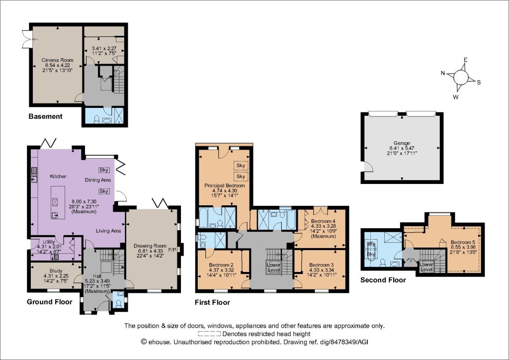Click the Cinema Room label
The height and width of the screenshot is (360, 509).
point(58,60)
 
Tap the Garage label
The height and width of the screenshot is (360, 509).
point(402,143)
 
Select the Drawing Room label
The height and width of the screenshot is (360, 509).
point(150,246)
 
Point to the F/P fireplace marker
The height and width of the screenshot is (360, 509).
point(172,250)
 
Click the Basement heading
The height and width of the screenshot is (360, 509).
point(45,116)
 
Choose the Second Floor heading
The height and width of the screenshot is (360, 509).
point(383,280)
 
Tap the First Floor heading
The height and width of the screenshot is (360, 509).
point(212,302)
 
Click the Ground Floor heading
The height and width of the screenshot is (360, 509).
point(49,302)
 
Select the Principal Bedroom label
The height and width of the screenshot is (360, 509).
point(225,185)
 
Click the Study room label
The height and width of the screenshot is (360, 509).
point(56,270)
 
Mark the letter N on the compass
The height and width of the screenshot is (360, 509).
point(443,73)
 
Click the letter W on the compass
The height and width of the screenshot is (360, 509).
point(456,97)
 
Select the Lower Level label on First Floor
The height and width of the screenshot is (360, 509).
point(273,268)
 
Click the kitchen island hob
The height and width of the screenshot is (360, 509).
point(55,202)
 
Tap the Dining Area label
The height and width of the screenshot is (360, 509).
point(98,180)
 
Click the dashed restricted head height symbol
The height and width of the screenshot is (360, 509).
point(209,334)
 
